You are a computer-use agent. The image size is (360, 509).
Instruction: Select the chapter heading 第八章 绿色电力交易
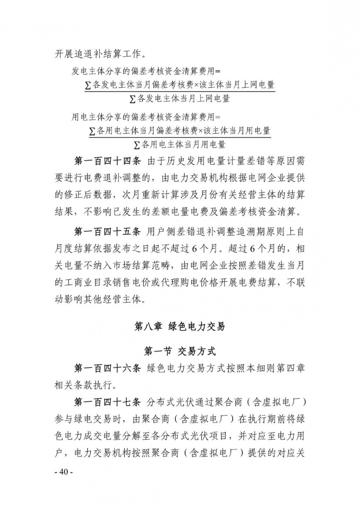[x=180, y=326]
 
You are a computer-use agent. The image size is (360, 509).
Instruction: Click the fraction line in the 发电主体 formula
[x=180, y=91]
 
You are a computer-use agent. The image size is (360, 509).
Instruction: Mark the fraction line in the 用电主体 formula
[x=180, y=136]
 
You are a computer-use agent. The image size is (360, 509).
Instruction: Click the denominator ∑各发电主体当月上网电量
[x=179, y=98]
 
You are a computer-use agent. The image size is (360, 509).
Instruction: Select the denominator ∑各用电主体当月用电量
[x=179, y=145]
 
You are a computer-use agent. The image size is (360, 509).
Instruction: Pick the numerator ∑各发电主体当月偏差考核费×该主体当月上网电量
[x=179, y=85]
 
